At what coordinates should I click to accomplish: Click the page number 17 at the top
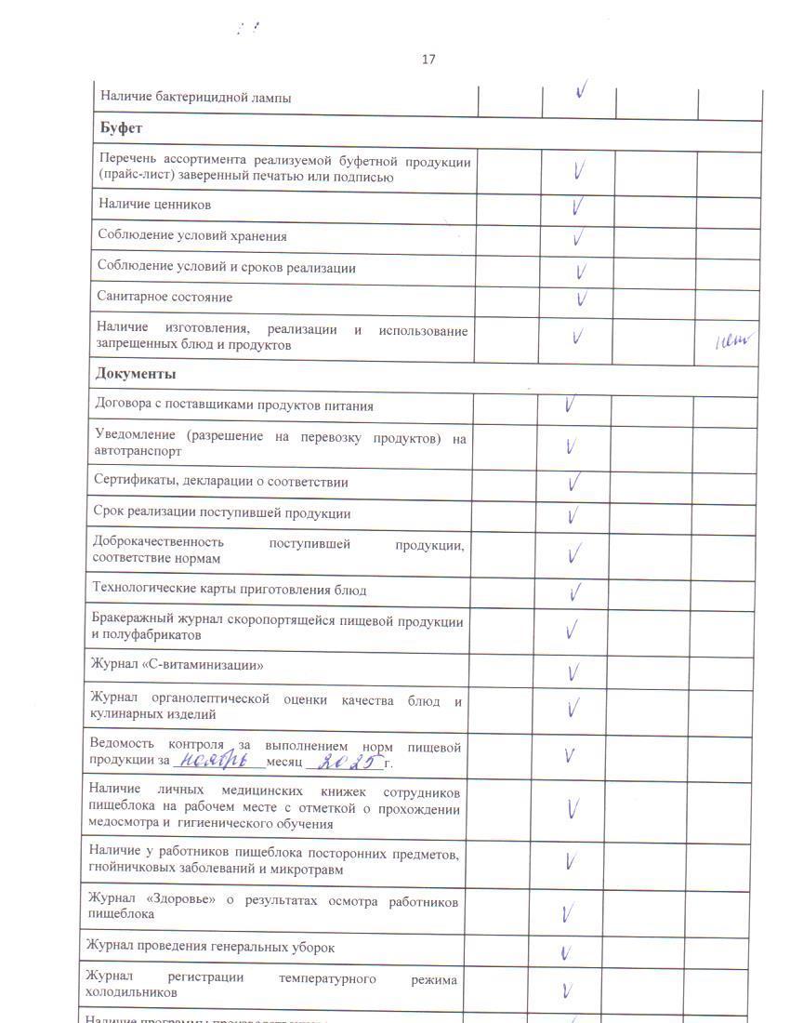[428, 60]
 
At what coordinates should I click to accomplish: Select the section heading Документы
[136, 374]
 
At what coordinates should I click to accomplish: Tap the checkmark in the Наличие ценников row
[578, 205]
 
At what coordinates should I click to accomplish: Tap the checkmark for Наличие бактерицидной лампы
[581, 91]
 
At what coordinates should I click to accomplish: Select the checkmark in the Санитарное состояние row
[581, 299]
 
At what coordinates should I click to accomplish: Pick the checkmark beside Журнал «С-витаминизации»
[573, 671]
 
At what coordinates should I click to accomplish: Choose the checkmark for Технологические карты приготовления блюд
[575, 591]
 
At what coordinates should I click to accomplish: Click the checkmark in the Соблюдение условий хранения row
[578, 237]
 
